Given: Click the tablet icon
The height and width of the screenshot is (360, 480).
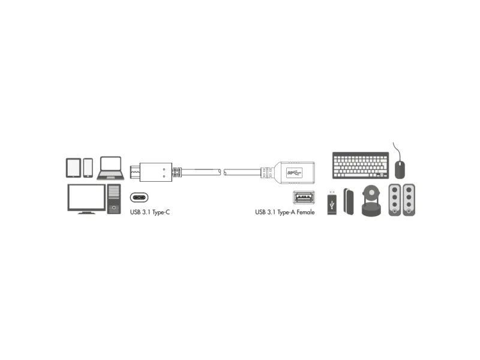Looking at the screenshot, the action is tap(73, 168).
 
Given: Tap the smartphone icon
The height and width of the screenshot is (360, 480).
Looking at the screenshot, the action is tap(88, 168).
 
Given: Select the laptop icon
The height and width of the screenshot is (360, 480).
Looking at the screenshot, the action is tap(110, 168).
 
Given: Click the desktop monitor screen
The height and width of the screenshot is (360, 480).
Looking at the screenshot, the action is tap(86, 197).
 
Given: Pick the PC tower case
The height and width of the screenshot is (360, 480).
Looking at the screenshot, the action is tap(114, 199).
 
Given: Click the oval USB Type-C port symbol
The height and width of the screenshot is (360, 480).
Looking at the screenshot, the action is tap(139, 197).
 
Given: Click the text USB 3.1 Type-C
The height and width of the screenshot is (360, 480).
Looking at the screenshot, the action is tap(149, 212).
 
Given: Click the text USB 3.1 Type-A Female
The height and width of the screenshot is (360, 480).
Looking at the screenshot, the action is tap(284, 212).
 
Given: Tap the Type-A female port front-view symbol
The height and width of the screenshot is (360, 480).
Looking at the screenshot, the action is tap(304, 197).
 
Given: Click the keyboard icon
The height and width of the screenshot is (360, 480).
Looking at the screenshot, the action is tap(361, 166).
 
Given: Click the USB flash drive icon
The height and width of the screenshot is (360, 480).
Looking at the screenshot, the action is tap(332, 202).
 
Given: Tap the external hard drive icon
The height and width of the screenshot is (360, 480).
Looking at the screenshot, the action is tap(349, 202).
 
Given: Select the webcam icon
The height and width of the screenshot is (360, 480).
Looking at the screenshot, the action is tap(371, 201).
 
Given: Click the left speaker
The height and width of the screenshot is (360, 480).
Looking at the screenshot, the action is tap(395, 200).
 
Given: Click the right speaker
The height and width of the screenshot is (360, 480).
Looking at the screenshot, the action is tap(409, 200).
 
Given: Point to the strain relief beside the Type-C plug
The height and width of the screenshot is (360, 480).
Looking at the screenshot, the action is tap(176, 172).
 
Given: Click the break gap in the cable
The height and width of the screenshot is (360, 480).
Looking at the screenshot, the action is tap(222, 172).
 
